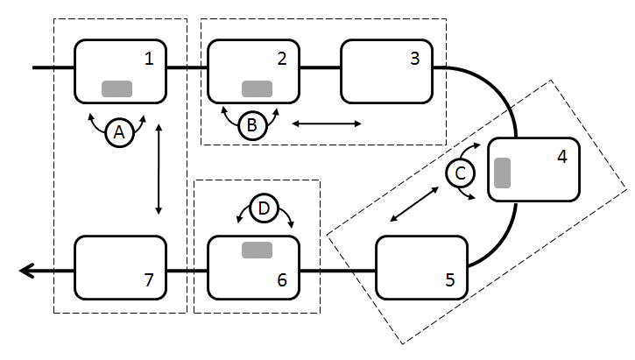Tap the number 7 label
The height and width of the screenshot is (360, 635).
click(149, 280)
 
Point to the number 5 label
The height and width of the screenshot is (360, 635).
click(450, 280)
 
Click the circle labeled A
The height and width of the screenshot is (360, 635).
click(119, 132)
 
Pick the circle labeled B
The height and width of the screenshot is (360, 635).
click(251, 125)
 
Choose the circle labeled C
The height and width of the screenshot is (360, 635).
click(459, 173)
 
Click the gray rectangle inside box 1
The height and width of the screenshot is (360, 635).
click(116, 88)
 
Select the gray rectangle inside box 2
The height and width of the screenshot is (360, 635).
click(256, 88)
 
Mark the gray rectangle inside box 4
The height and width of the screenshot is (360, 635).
click(503, 173)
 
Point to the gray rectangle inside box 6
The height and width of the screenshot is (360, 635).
click(256, 251)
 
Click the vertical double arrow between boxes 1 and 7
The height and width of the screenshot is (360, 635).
click(159, 169)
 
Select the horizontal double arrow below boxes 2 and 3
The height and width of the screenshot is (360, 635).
click(326, 124)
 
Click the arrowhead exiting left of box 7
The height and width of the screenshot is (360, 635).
click(26, 272)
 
